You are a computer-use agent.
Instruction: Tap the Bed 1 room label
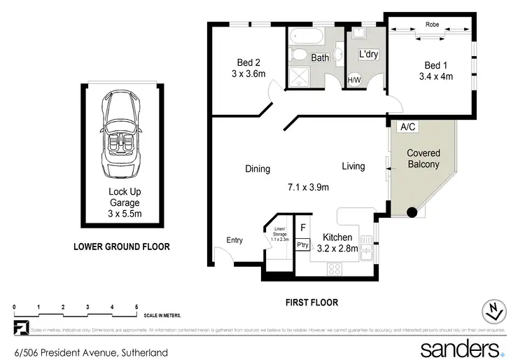point(431,64)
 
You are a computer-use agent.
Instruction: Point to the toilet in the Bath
point(298,55)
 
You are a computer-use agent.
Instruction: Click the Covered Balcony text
point(423,159)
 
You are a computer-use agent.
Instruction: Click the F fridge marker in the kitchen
point(302,228)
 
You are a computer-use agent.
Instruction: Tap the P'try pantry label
point(303,245)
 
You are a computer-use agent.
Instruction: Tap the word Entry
point(234,240)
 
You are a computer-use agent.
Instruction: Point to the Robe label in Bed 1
point(432,25)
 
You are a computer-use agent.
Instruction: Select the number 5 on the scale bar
point(136,307)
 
